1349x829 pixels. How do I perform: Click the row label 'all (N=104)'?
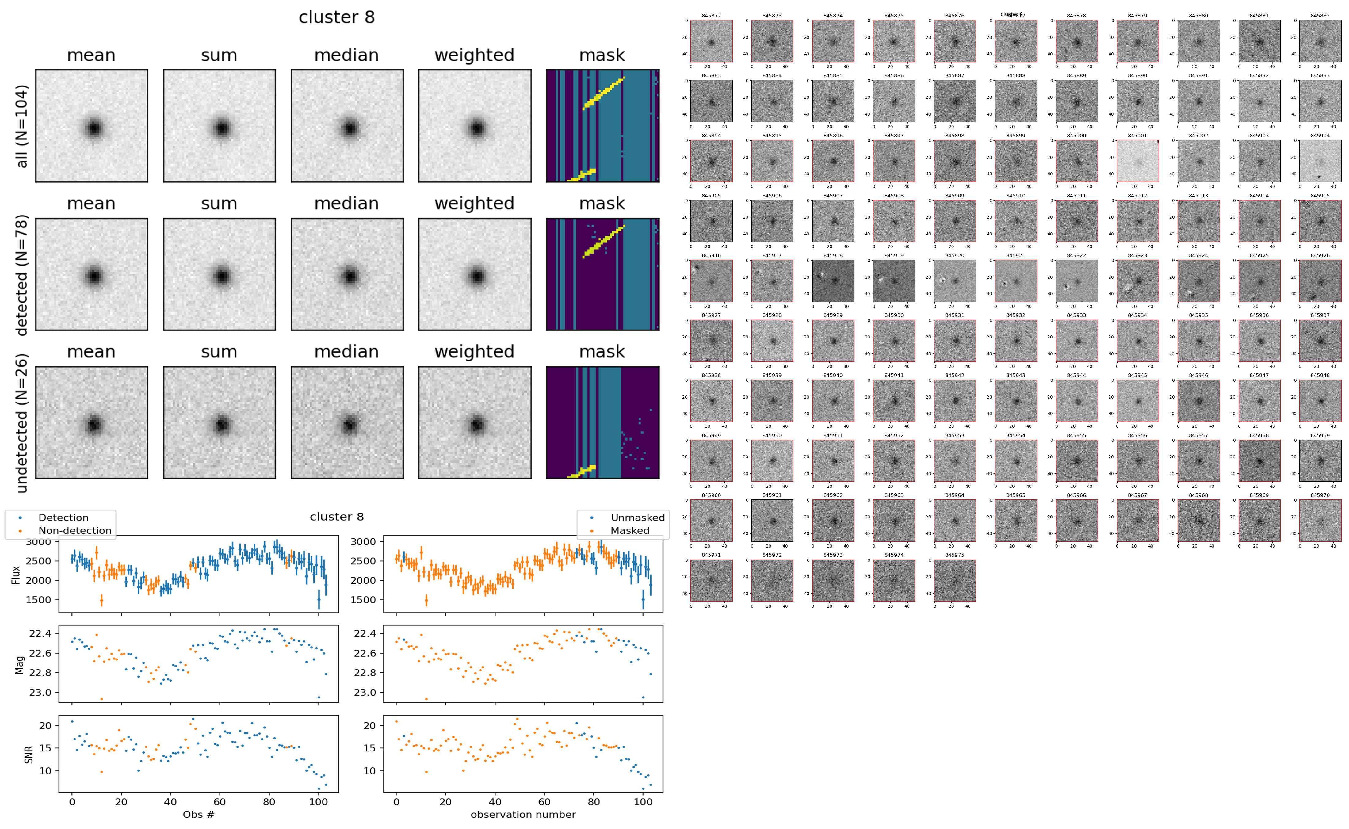[22, 126]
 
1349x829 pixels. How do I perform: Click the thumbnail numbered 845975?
[955, 580]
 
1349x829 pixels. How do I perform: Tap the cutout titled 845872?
[712, 41]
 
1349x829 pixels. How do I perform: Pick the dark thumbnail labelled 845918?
[833, 281]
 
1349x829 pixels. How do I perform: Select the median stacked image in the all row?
[347, 126]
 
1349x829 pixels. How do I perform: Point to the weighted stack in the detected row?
[475, 274]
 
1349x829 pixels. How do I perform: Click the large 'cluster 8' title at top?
[337, 17]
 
